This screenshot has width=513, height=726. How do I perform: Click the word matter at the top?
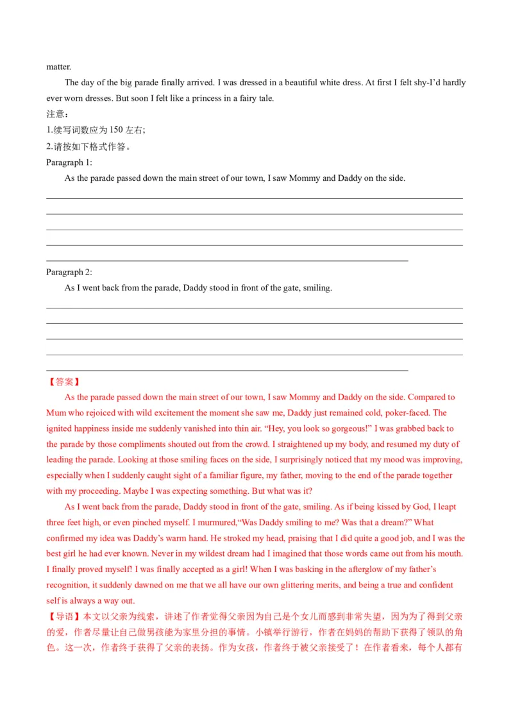[x=58, y=67]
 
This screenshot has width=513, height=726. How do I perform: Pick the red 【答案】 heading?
[x=64, y=382]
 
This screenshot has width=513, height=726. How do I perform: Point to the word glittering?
[x=301, y=585]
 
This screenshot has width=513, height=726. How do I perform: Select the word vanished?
[x=189, y=428]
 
